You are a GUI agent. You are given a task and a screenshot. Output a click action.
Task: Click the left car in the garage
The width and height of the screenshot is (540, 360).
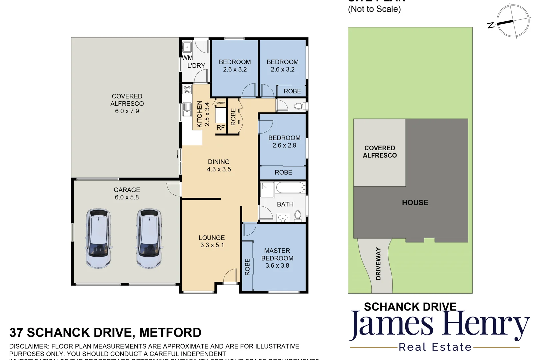pos(98,238)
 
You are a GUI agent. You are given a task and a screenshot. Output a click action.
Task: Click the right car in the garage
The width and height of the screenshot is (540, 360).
pos(149,238)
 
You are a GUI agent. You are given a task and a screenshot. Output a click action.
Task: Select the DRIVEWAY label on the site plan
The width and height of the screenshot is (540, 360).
pos(378,263)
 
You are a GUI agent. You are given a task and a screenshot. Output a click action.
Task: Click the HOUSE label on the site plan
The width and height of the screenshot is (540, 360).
pos(415,202)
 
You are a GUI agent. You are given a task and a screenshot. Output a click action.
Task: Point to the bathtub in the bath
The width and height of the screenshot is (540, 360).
pos(290,187)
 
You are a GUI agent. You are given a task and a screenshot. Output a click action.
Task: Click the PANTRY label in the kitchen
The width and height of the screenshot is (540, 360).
pos(220,103)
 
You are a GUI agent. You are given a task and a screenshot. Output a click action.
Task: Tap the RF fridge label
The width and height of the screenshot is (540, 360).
pos(220,127)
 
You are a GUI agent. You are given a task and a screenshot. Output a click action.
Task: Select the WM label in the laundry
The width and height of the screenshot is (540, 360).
pos(187,58)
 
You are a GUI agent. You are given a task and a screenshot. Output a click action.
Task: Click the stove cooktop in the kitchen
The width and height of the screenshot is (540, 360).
pos(187,89)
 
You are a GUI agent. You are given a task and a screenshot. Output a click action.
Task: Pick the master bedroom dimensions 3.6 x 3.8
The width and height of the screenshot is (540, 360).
pos(277,266)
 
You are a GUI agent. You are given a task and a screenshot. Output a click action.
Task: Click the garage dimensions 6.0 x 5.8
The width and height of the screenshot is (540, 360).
pos(127,197)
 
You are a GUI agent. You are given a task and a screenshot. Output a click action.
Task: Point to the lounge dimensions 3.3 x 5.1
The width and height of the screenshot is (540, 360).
pos(212,245)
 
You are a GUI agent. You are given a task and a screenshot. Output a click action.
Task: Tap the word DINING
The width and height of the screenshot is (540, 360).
pos(219,162)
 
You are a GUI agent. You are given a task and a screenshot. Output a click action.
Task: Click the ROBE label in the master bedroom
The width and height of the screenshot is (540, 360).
pos(247,267)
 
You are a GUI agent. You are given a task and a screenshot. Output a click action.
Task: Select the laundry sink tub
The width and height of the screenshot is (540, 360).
pos(187,47)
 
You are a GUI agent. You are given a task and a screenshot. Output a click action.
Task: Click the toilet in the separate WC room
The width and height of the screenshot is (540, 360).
pos(299,106)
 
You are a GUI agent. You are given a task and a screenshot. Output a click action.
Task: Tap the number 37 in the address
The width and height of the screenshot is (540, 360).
pos(16,333)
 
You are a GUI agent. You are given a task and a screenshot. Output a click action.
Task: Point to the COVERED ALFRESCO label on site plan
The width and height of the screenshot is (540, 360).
pos(380,152)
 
